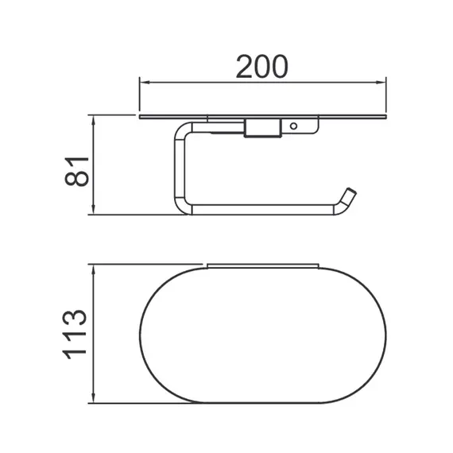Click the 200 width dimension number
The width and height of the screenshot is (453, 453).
click(262, 67)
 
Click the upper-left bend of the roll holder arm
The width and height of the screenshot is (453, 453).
click(180, 129)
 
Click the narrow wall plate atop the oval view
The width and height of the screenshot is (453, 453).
click(262, 262)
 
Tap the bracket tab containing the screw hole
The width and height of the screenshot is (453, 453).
click(298, 126)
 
